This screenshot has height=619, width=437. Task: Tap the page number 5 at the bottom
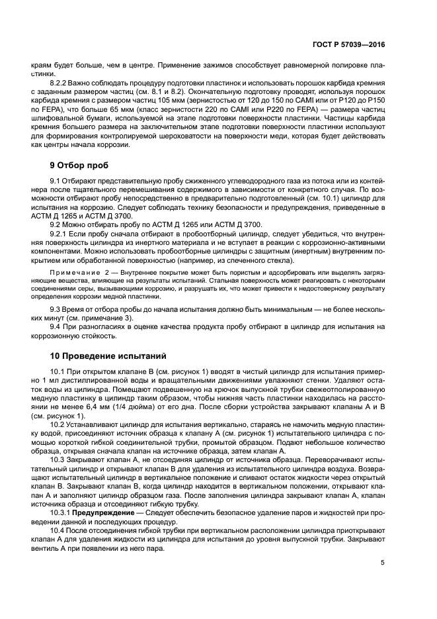(x=383, y=563)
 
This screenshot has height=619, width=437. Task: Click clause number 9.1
(x=56, y=181)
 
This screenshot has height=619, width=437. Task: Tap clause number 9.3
(x=56, y=310)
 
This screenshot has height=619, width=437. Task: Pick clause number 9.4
(x=56, y=326)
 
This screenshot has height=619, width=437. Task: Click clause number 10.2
(x=58, y=424)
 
